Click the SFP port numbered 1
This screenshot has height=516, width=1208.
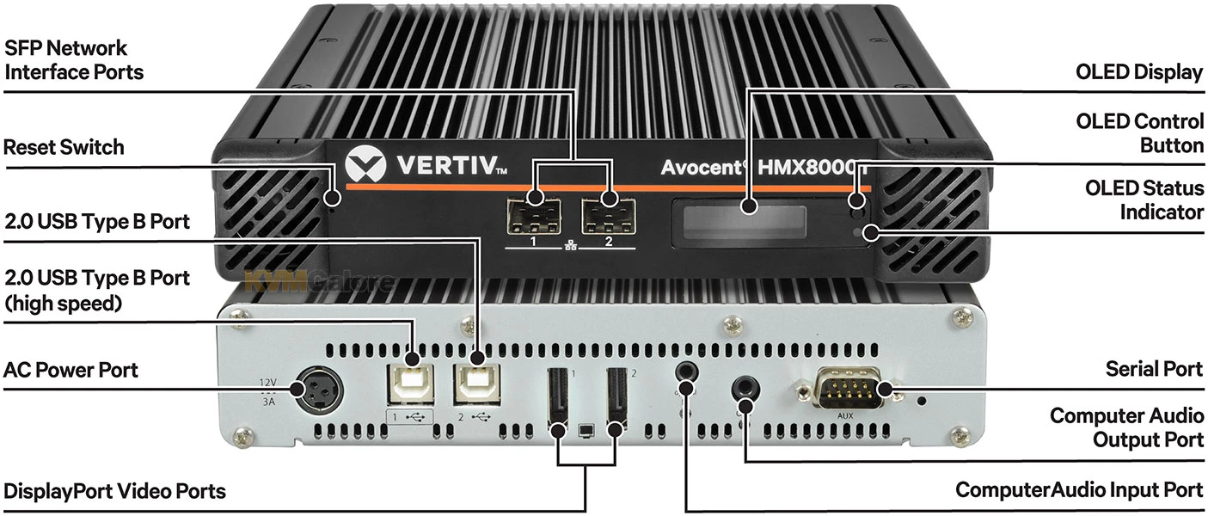[534, 217]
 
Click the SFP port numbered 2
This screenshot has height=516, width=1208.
[609, 217]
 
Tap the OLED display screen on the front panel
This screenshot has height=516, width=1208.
[745, 222]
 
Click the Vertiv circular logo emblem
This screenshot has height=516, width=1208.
[365, 165]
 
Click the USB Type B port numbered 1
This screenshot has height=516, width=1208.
[411, 384]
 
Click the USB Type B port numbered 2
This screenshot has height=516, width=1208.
[476, 384]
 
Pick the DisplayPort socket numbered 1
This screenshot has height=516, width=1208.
[558, 399]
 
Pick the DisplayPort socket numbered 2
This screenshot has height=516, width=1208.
[617, 399]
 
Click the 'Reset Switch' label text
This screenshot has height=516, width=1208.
[64, 147]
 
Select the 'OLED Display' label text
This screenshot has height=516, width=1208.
[1139, 72]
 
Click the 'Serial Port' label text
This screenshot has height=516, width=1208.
[1154, 369]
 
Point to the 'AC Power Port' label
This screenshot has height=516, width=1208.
[71, 371]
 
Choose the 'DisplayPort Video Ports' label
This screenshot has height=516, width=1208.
[114, 491]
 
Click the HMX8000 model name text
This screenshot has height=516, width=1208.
[812, 168]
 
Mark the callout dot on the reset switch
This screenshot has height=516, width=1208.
[333, 198]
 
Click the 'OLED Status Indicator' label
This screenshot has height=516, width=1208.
[1144, 200]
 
